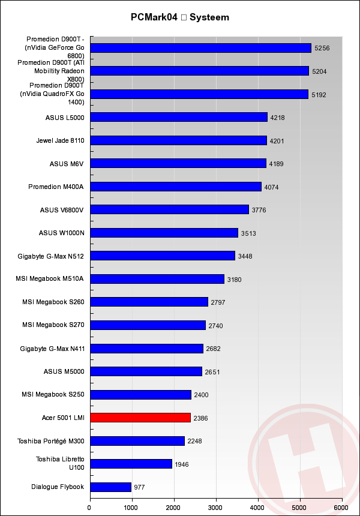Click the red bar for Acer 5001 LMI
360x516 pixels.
point(140,418)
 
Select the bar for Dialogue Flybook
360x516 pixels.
point(110,487)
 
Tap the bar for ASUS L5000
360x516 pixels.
point(178,117)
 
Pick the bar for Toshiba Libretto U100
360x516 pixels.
point(131,464)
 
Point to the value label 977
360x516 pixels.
point(139,487)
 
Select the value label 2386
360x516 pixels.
point(200,418)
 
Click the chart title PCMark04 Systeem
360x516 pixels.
point(180,17)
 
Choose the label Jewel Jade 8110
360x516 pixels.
point(60,140)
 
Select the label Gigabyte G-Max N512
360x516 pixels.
point(51,256)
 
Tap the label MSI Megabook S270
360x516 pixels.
point(53,325)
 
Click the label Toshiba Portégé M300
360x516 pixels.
point(50,441)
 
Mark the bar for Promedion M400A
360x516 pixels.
point(176,187)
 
